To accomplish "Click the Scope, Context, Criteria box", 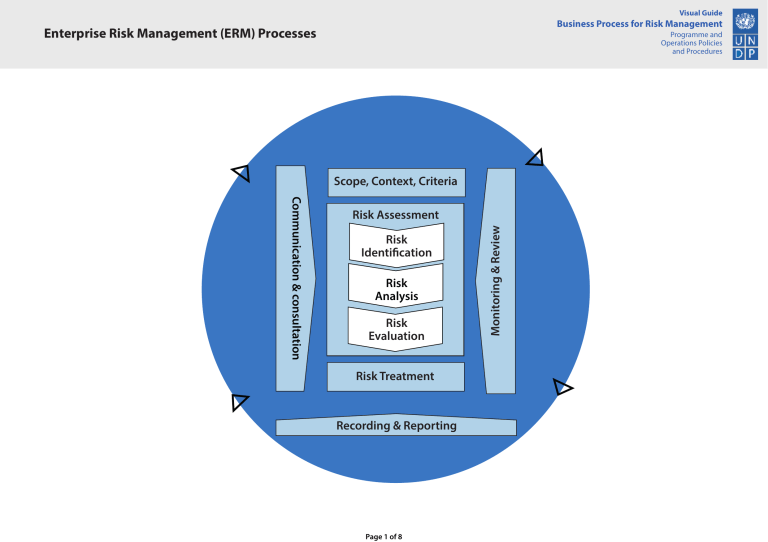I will click(396, 182).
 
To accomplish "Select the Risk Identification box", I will click(396, 246).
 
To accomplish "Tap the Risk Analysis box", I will click(396, 289).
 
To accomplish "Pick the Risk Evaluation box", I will click(396, 330).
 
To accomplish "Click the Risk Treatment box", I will click(396, 377).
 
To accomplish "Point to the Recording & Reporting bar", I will click(396, 426).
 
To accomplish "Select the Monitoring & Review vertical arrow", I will click(499, 280).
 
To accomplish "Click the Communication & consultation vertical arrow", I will click(292, 278).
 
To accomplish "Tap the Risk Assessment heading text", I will click(396, 215).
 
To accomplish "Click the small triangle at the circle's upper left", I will click(241, 173).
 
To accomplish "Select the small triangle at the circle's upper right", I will click(536, 158).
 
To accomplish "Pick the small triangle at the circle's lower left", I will click(239, 402).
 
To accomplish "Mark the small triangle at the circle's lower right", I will click(562, 387).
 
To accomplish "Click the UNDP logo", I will click(745, 34).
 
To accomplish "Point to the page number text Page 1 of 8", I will click(385, 537).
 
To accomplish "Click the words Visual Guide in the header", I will click(701, 12).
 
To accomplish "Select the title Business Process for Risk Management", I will click(640, 24).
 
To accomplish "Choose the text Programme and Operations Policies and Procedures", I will click(691, 43).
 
